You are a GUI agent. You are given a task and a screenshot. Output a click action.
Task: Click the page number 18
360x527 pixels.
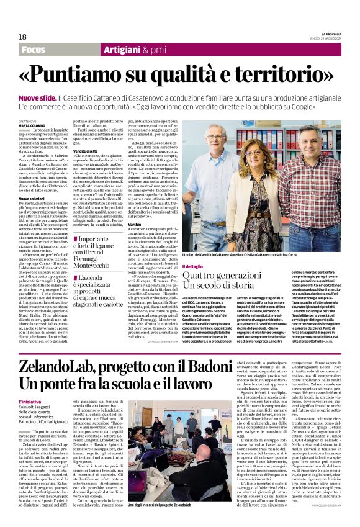click(x=22, y=37)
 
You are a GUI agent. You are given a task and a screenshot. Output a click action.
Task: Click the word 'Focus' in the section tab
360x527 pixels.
click(x=34, y=50)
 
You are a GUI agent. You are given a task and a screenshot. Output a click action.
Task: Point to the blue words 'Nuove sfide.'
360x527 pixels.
click(x=38, y=99)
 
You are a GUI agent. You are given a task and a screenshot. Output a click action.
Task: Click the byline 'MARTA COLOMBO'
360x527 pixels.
click(x=32, y=125)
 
